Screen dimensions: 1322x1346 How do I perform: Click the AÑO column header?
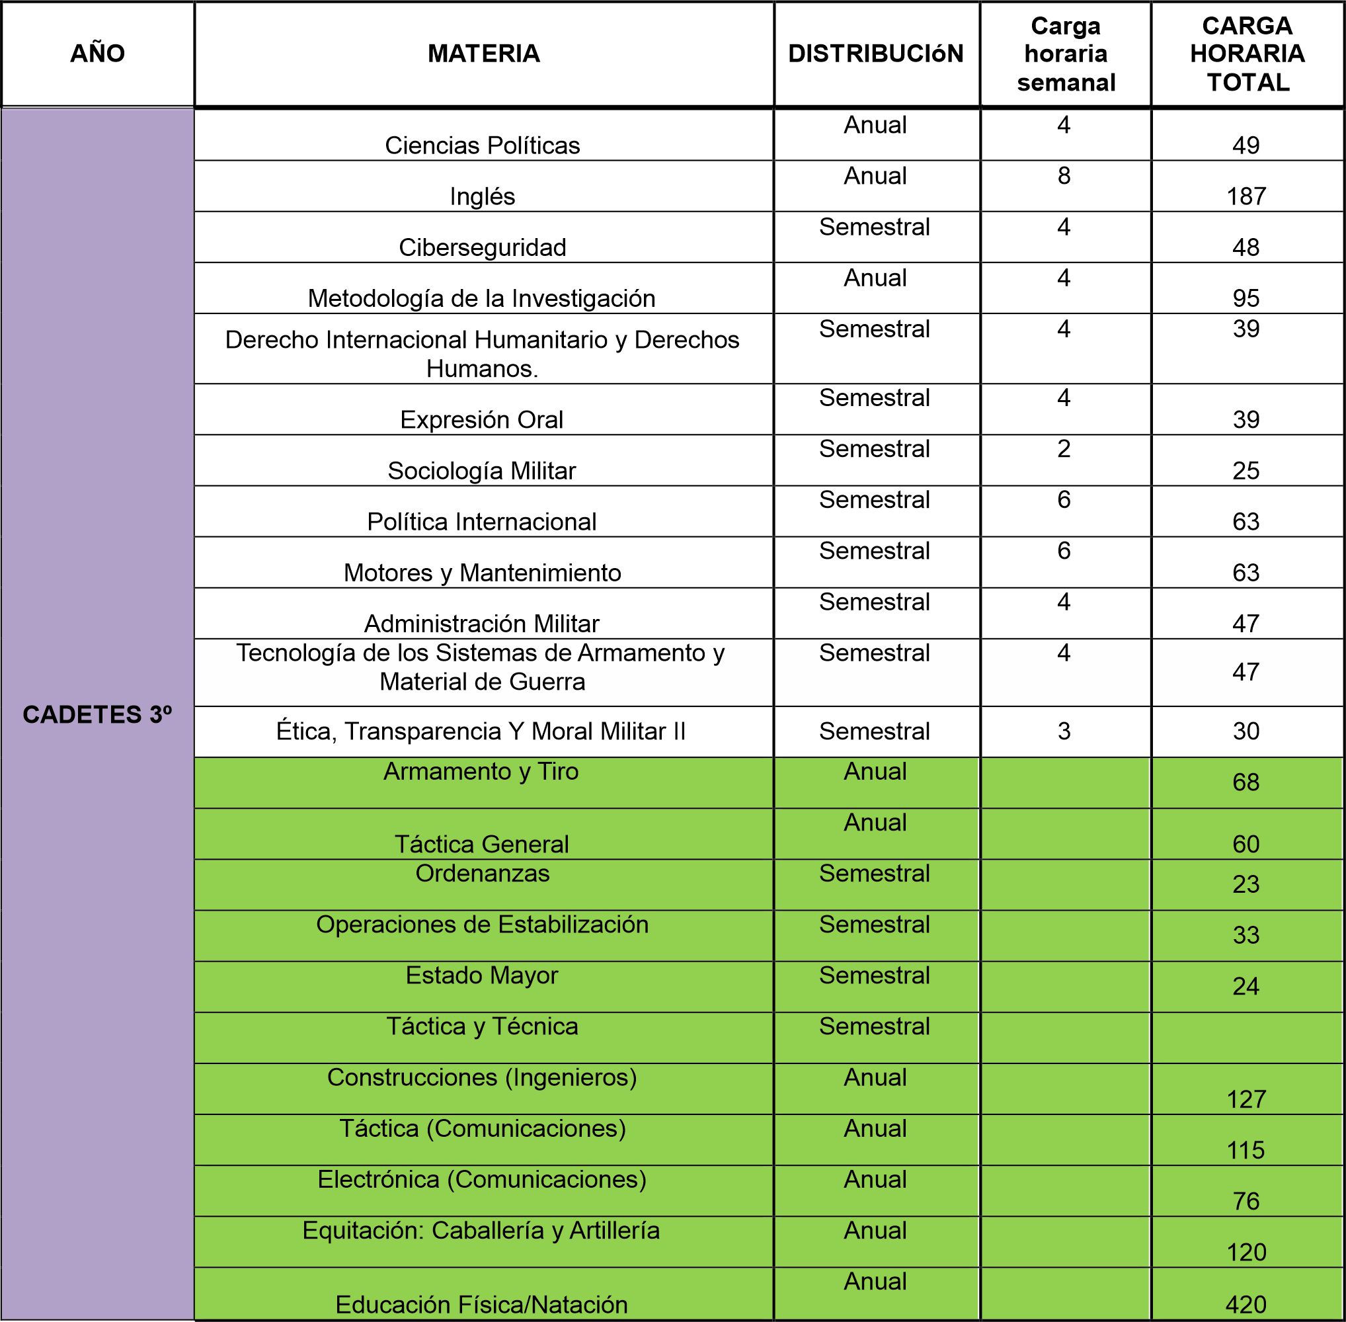97,54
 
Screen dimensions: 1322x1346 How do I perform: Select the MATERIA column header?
483,54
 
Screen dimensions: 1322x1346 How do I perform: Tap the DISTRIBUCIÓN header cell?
875,54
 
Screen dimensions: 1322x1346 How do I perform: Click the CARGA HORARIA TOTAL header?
1247,54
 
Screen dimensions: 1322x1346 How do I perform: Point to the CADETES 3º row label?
97,714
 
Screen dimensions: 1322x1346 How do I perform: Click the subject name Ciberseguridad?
483,247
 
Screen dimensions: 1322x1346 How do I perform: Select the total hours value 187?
1246,196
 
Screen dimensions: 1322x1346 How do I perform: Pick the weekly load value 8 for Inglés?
1064,176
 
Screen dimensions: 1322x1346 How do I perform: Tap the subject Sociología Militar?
482,471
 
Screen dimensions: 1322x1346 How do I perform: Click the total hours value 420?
1246,1305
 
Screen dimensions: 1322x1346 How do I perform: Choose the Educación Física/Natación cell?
482,1305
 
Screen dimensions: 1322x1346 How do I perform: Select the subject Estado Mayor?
482,975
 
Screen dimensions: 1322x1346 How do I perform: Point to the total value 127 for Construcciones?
1246,1099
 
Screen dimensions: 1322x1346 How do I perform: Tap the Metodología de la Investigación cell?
482,298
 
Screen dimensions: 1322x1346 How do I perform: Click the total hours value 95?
1246,298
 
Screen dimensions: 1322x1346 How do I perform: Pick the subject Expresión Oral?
482,419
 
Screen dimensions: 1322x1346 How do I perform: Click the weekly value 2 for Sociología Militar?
1064,449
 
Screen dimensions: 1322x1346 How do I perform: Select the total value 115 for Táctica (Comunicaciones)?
1246,1151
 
